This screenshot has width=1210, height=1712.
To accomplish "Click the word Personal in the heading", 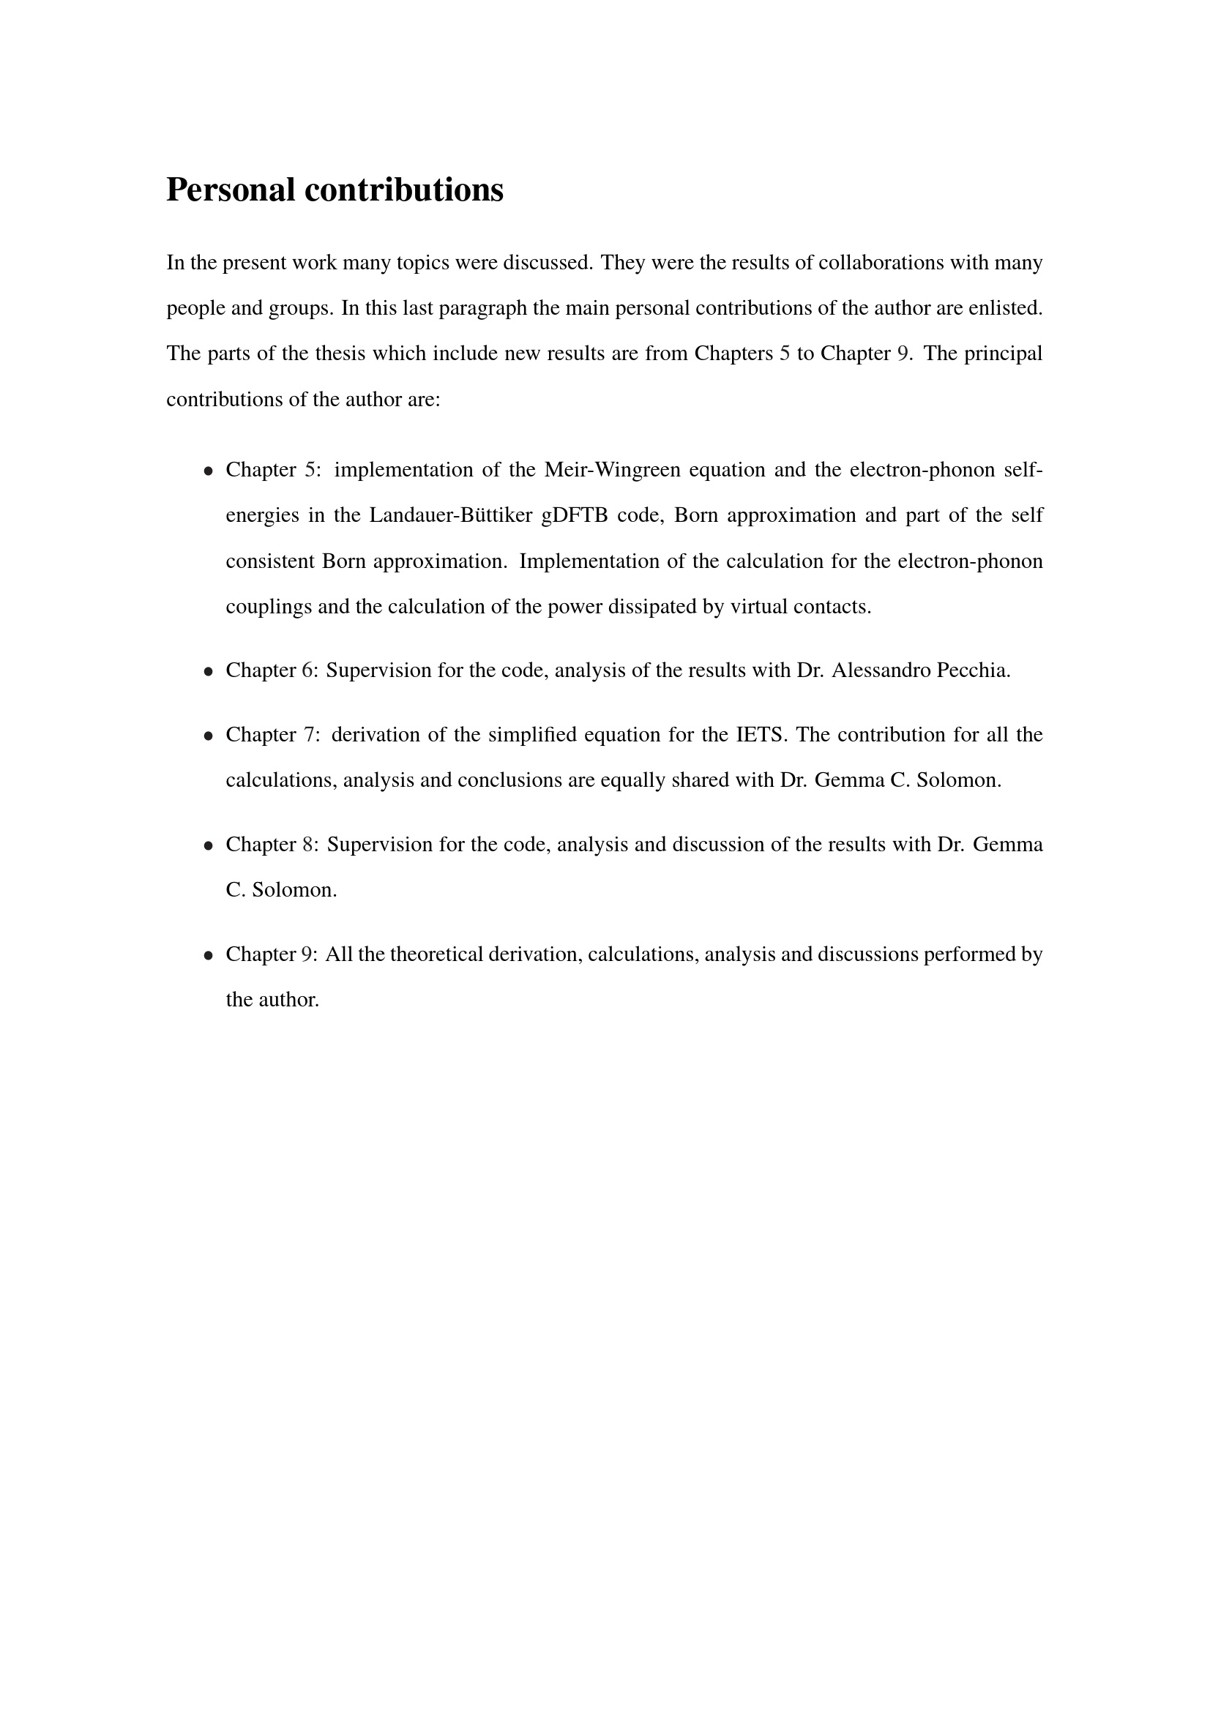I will tap(231, 190).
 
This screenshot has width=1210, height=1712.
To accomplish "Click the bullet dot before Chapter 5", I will tap(209, 471).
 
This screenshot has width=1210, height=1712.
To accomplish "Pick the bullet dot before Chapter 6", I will tap(209, 672).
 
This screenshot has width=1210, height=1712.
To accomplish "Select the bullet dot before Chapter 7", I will tap(209, 736).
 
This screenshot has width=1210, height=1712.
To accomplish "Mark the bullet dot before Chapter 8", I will tap(209, 845).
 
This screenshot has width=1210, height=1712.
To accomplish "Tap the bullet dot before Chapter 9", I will tap(209, 955).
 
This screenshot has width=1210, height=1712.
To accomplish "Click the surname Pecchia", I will tap(973, 670).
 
